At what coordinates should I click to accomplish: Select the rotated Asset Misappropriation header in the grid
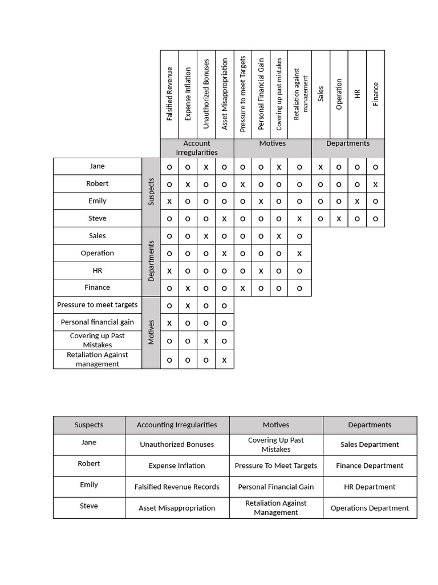tap(225, 94)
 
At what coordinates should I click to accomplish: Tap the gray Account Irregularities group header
tap(197, 148)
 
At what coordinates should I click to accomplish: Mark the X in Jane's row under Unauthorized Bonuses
tap(206, 167)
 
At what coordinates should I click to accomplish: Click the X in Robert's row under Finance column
tap(375, 185)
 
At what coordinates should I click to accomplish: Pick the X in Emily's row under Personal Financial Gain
tap(261, 202)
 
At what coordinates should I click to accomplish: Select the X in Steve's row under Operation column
tap(339, 219)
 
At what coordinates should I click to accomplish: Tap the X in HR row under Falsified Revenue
tap(169, 271)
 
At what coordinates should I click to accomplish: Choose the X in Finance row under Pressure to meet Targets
tap(242, 289)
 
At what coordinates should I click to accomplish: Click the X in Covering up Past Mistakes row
tap(206, 341)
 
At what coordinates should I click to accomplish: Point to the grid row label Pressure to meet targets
tap(97, 305)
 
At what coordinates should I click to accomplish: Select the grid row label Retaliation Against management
tap(97, 359)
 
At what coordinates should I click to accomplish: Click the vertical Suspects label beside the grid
tap(151, 192)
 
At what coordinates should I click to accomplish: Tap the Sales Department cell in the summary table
tap(370, 444)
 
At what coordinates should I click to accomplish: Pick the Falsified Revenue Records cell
tap(177, 487)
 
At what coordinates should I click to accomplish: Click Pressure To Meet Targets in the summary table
tap(275, 466)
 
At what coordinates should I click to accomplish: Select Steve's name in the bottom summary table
tap(89, 506)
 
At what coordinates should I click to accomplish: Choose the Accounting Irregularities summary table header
tap(177, 425)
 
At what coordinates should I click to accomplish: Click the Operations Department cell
tap(370, 508)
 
